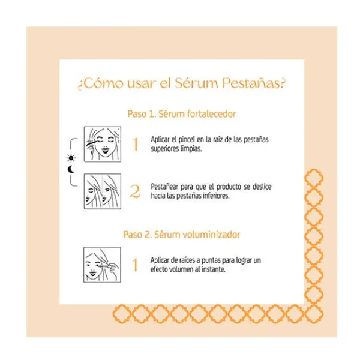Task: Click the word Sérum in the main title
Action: (196, 83)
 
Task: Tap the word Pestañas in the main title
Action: (251, 83)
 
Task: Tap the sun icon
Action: (71, 158)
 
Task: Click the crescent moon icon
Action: (71, 169)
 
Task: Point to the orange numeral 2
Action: (135, 191)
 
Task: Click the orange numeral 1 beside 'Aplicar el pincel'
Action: (136, 144)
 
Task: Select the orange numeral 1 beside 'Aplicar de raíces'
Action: (135, 265)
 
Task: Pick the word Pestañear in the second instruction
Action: (164, 187)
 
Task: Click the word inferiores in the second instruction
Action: (216, 196)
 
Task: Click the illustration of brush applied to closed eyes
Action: (103, 144)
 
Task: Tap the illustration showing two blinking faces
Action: (103, 191)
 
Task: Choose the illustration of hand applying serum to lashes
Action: (102, 265)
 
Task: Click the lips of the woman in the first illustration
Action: (106, 151)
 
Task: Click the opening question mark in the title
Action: (80, 85)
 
